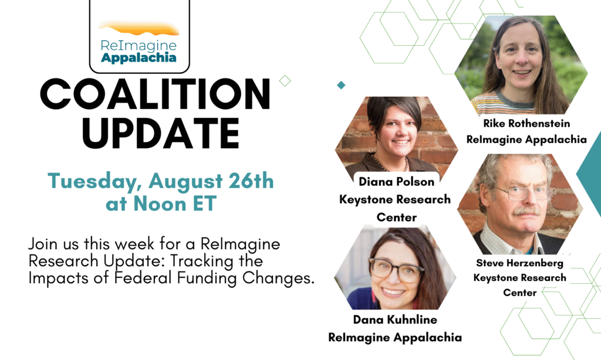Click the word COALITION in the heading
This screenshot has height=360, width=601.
155,94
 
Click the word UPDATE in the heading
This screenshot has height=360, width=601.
161,133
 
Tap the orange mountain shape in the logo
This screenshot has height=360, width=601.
139,29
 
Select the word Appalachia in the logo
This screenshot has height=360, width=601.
139,58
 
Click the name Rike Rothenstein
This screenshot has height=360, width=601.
526,123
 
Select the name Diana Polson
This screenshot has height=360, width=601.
396,182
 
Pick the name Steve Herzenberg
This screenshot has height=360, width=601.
519,263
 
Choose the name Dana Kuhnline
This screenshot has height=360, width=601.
395,320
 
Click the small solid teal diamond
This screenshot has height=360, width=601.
341,85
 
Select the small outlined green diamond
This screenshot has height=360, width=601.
285,81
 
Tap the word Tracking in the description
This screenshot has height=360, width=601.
202,261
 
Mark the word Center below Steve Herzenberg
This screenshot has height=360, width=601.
520,293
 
